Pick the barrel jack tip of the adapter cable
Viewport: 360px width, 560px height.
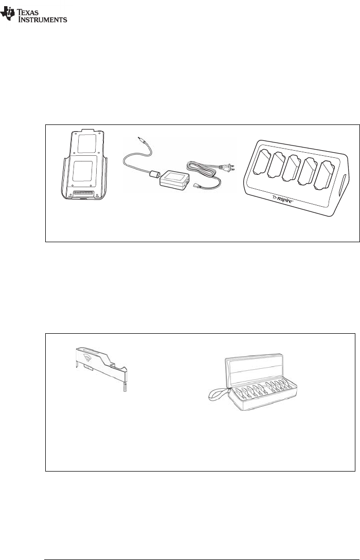click(x=140, y=139)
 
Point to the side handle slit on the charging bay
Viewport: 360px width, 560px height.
click(x=344, y=184)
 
